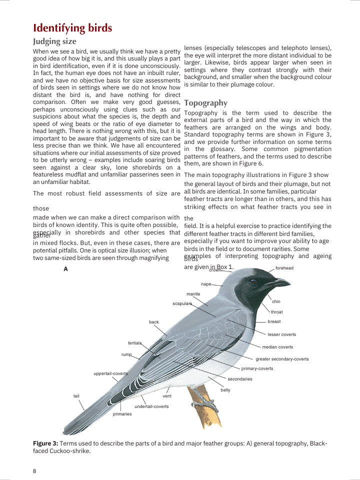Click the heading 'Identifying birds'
pyautogui.click(x=72, y=28)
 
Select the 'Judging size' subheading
pyautogui.click(x=54, y=41)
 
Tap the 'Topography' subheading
pyautogui.click(x=205, y=103)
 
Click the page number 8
pyautogui.click(x=34, y=471)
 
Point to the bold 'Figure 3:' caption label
pyautogui.click(x=45, y=443)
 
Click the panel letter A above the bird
pyautogui.click(x=65, y=269)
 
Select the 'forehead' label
pyautogui.click(x=284, y=268)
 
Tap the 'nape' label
pyautogui.click(x=206, y=284)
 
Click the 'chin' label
pyautogui.click(x=276, y=301)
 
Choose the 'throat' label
pyautogui.click(x=276, y=312)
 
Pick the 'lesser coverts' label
pyautogui.click(x=281, y=334)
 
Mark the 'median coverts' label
pyautogui.click(x=277, y=347)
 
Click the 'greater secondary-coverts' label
pyautogui.click(x=282, y=359)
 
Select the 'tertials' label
pyautogui.click(x=134, y=343)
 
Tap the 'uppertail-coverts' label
pyautogui.click(x=110, y=373)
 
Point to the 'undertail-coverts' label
pyautogui.click(x=151, y=406)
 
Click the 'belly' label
pyautogui.click(x=225, y=390)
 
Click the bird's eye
pyautogui.click(x=254, y=282)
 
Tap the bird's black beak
pyautogui.click(x=277, y=283)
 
